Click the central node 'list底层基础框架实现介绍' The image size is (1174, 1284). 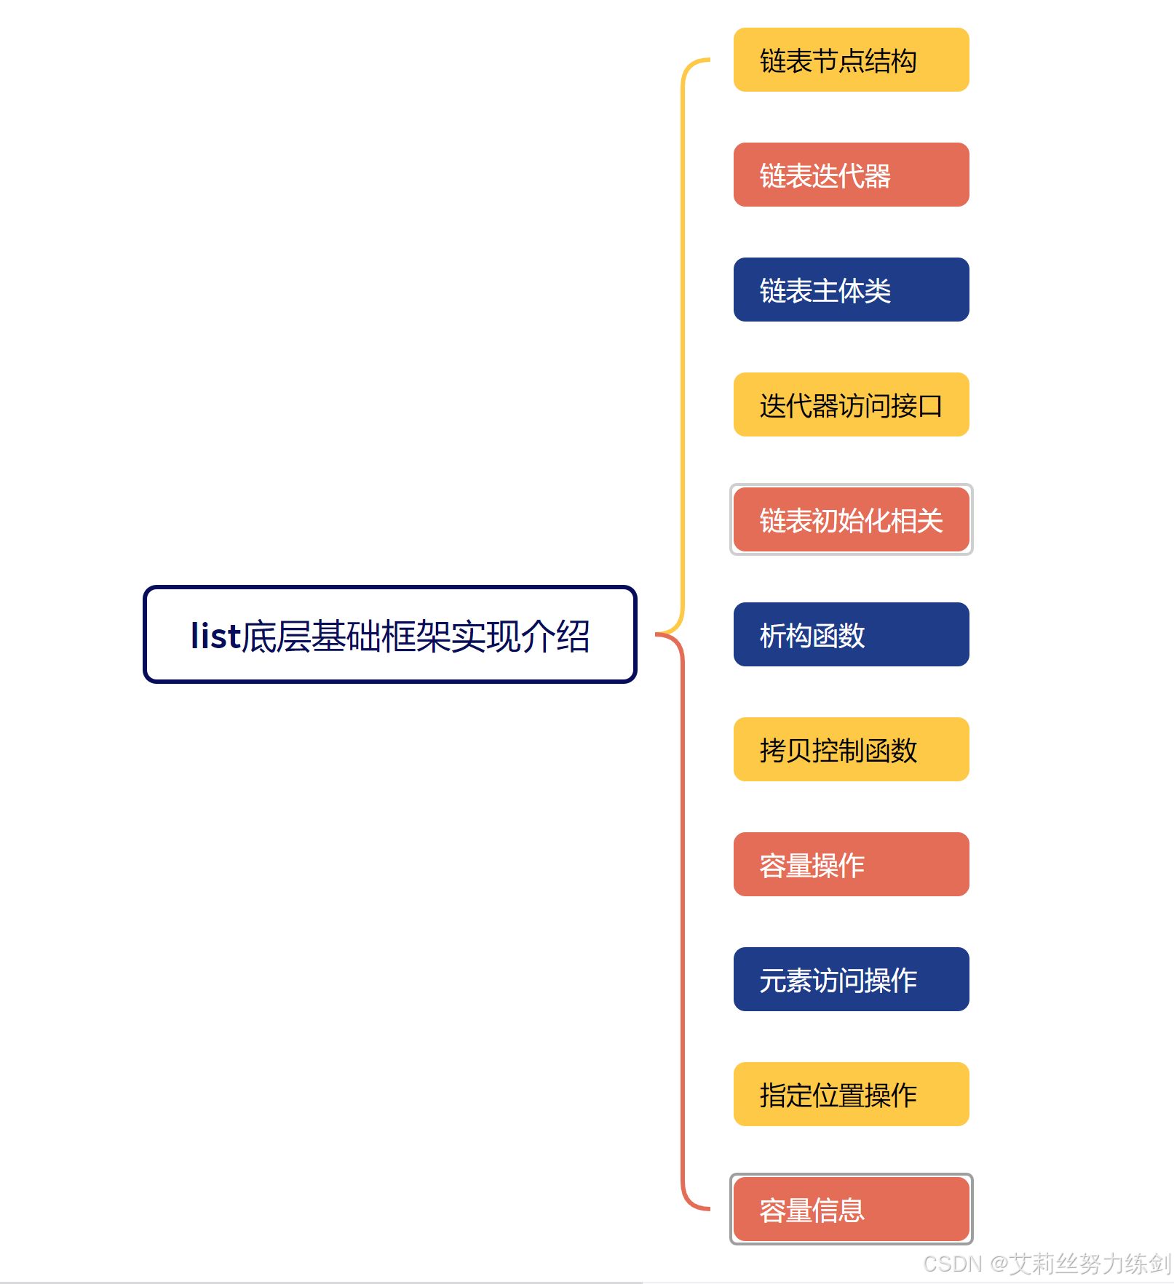click(x=390, y=634)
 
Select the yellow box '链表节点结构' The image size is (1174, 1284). click(x=851, y=60)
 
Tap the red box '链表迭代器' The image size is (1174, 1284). click(x=851, y=175)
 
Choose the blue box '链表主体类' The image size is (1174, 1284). click(x=851, y=290)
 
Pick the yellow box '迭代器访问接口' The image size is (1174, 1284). click(x=851, y=404)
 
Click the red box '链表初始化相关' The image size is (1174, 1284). click(x=851, y=519)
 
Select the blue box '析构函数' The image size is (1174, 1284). click(x=851, y=634)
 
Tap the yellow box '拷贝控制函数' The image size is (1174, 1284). click(x=851, y=749)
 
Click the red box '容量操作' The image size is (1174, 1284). click(x=851, y=864)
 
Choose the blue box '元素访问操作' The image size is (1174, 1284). click(x=851, y=979)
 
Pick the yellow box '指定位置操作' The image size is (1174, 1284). click(x=851, y=1094)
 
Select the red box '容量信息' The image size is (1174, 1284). click(x=851, y=1209)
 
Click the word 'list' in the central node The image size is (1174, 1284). click(x=215, y=636)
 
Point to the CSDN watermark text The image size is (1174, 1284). click(x=1047, y=1264)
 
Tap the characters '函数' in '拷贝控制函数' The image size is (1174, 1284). click(x=891, y=750)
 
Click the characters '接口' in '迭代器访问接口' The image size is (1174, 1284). click(x=917, y=405)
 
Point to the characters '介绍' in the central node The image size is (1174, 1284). click(x=555, y=636)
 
